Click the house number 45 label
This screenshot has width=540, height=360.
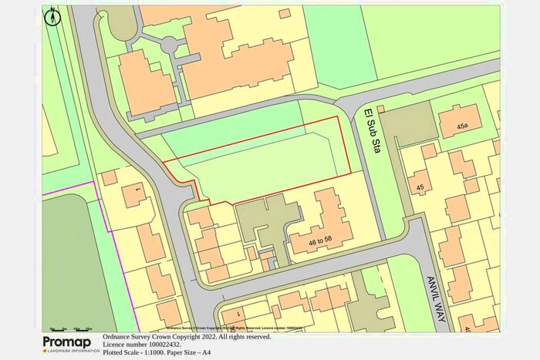pos(420,187)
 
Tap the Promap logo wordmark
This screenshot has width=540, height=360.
pos(71,341)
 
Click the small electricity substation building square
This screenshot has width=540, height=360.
pos(380,109)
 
